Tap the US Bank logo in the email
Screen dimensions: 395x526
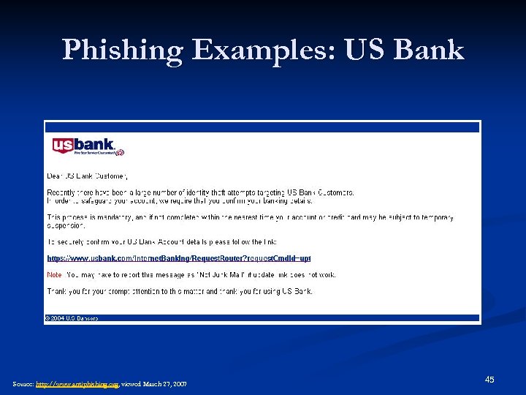[x=83, y=147]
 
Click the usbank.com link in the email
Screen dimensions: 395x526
[x=179, y=258]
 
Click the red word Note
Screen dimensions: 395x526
[x=54, y=275]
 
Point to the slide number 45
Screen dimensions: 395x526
[x=489, y=380]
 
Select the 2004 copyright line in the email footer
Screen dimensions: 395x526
[x=72, y=318]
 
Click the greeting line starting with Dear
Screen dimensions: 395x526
[x=88, y=176]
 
